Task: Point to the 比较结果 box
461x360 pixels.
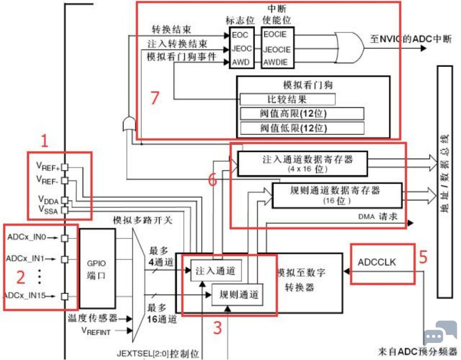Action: (x=287, y=99)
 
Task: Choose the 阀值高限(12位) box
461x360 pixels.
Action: (x=302, y=114)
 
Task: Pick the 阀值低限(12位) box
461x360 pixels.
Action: (x=302, y=128)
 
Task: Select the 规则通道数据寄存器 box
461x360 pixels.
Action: (x=334, y=194)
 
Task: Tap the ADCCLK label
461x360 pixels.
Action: (x=377, y=262)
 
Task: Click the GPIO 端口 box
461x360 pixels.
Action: (x=97, y=268)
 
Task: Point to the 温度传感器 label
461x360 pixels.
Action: (x=91, y=318)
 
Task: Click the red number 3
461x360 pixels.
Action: (x=216, y=328)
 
